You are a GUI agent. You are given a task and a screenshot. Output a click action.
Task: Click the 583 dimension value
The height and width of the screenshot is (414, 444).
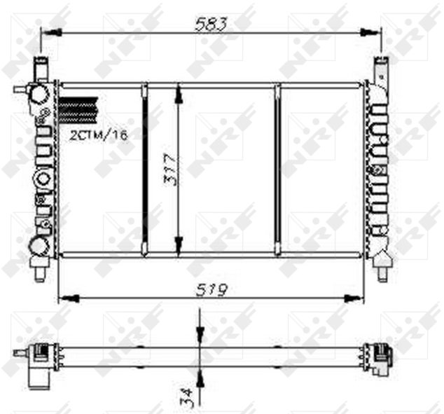[x=211, y=24]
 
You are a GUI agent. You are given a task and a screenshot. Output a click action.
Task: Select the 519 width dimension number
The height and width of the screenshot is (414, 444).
[x=211, y=289]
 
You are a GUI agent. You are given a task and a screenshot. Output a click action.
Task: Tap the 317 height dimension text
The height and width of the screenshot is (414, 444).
[x=172, y=170]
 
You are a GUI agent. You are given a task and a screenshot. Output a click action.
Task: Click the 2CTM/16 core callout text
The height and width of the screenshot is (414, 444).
[x=99, y=135]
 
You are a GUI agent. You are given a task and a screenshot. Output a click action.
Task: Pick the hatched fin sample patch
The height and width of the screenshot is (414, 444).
[x=78, y=111]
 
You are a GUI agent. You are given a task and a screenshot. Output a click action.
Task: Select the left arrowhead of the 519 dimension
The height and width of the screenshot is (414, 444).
[x=69, y=298]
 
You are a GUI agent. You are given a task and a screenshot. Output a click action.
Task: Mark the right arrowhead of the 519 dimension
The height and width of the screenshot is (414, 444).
[x=354, y=298]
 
